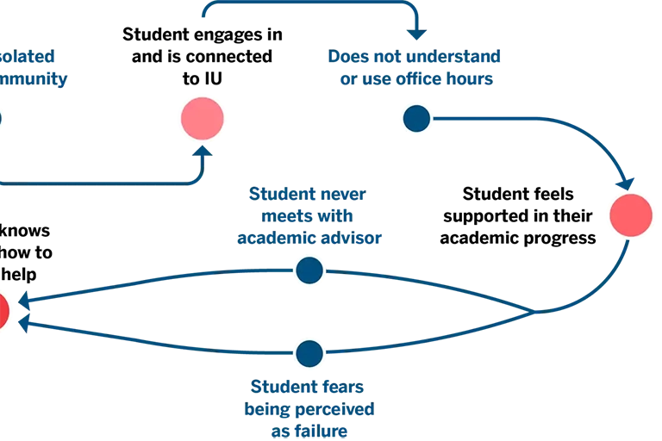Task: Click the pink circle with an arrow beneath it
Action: point(203,118)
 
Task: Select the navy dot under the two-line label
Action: point(416,119)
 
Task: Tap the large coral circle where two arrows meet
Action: point(630,215)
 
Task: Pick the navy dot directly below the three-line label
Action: point(309,270)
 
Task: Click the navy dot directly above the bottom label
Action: point(309,352)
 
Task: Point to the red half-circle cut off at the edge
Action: point(3,311)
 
